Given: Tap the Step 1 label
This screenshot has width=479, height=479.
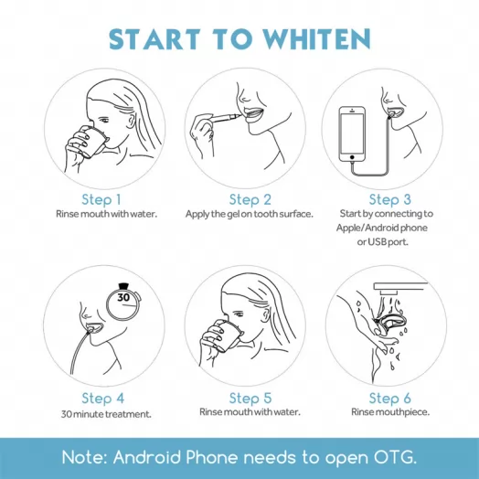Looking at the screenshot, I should [101, 199].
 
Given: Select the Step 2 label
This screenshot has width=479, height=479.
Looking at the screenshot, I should [250, 199].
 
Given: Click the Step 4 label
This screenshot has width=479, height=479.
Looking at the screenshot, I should [101, 398].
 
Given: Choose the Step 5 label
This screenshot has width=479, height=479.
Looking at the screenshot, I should [250, 398].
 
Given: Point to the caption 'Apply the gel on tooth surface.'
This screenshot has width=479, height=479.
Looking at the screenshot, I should [250, 214].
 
